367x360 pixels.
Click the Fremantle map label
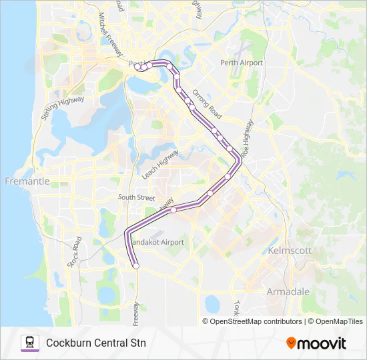tap(27, 181)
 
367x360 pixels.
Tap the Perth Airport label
tap(241, 63)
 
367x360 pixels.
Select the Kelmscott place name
tap(289, 250)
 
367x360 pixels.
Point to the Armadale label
tap(288, 292)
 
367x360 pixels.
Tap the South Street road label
tap(136, 197)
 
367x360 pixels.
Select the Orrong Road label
tap(206, 103)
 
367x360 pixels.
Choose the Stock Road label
tap(74, 251)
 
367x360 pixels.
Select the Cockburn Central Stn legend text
tap(96, 343)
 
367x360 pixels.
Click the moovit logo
tap(316, 343)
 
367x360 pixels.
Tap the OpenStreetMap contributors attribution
tap(252, 321)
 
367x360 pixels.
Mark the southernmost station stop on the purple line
tap(135, 265)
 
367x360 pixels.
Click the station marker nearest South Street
tap(174, 209)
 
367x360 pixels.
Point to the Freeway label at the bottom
tap(137, 314)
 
